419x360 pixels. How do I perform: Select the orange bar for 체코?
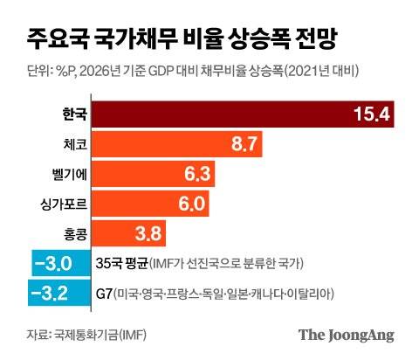175,145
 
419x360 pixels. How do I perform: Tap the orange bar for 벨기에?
153,175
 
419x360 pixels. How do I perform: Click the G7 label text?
103,293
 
